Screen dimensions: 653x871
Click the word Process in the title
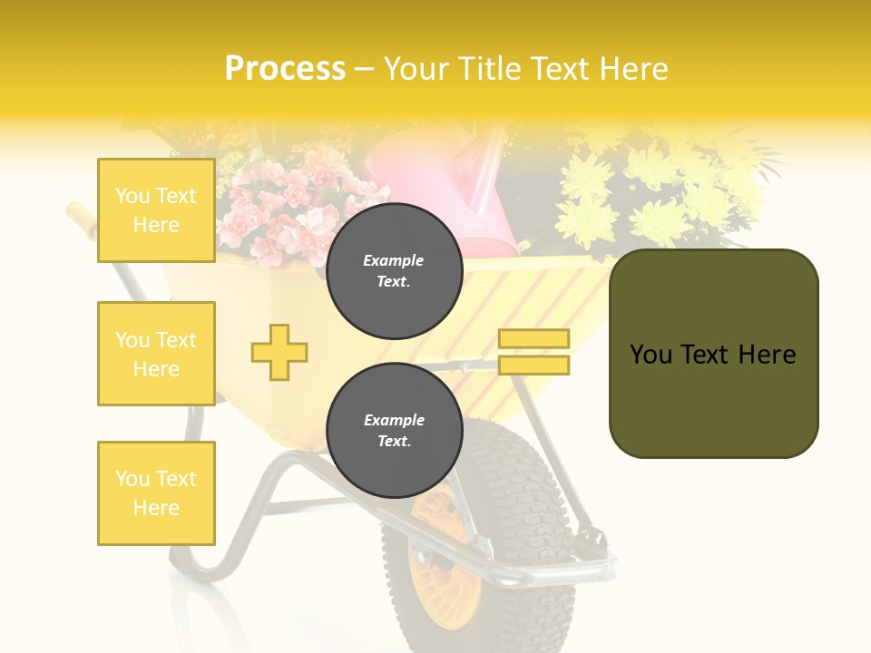click(x=285, y=69)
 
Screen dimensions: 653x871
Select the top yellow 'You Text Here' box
click(x=156, y=210)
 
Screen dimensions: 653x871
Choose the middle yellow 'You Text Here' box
click(x=156, y=354)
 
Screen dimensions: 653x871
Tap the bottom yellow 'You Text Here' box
click(x=156, y=493)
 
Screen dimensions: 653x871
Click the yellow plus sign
click(x=279, y=352)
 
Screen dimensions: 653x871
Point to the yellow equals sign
click(x=534, y=352)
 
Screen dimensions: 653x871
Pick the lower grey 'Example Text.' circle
click(x=394, y=431)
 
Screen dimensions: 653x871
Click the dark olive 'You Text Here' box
click(x=713, y=354)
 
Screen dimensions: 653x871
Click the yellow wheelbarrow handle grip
click(x=80, y=218)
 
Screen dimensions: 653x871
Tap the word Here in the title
click(x=631, y=69)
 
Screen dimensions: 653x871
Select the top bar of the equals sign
click(x=534, y=339)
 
